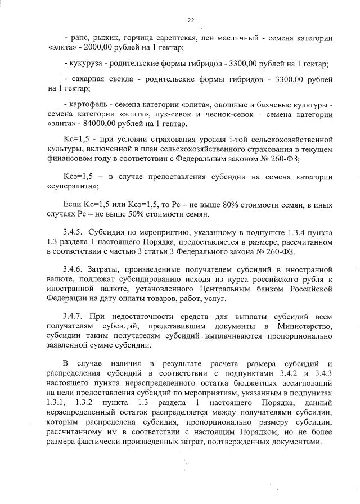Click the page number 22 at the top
[x=191, y=20]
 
